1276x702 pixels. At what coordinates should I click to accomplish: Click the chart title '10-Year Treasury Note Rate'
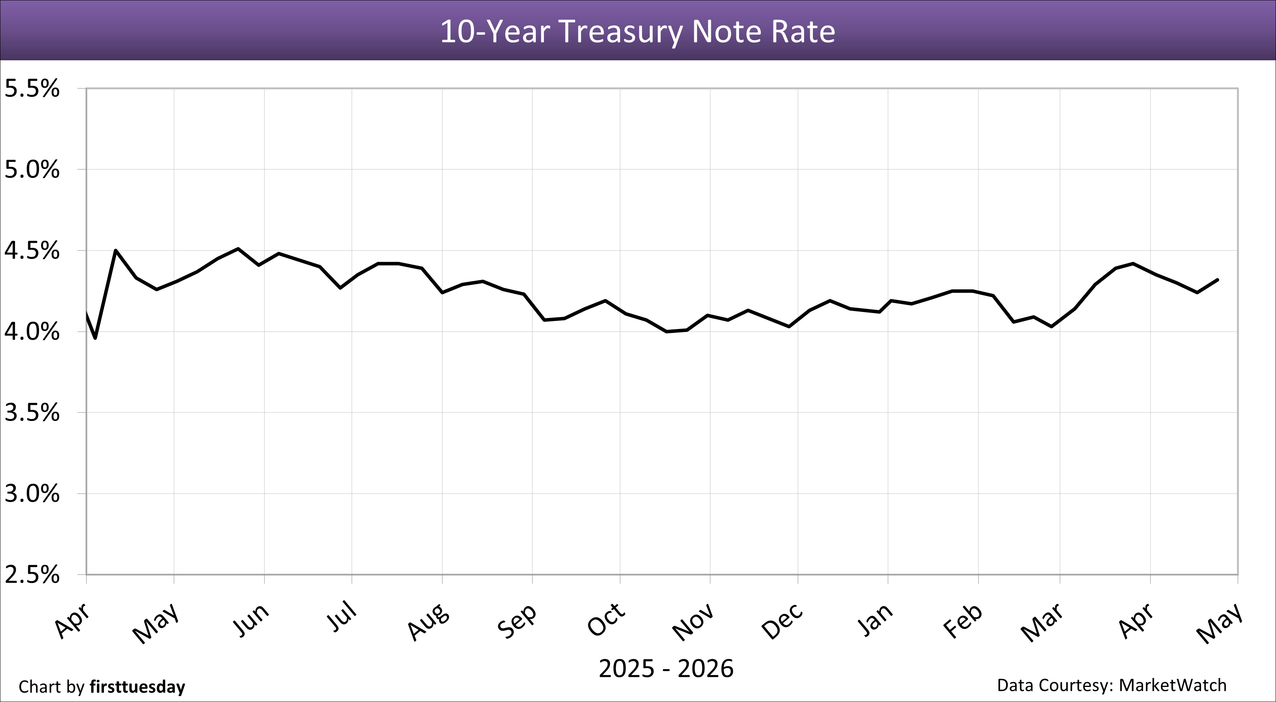(x=637, y=32)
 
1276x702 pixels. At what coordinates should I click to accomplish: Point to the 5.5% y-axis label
(x=32, y=89)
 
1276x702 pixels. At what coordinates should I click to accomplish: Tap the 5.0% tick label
(x=32, y=170)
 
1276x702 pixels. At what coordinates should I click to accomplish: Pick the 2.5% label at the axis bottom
(x=32, y=575)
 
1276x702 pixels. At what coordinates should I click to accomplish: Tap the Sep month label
(x=517, y=621)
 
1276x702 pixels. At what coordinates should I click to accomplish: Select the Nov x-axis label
(x=693, y=622)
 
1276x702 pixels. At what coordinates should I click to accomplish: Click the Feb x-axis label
(x=963, y=621)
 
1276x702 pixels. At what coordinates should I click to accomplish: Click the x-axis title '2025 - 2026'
(x=666, y=669)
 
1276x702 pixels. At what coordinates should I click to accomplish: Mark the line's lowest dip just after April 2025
(x=95, y=338)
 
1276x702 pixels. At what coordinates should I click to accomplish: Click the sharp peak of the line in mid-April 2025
(x=116, y=250)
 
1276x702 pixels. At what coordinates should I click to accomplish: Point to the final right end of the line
(x=1218, y=280)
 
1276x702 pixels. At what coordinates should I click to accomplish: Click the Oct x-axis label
(x=606, y=620)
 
